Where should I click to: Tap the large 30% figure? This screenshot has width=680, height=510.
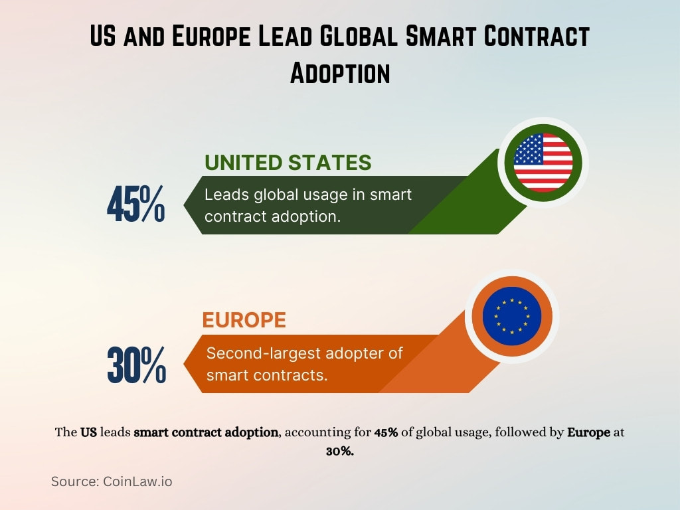click(x=136, y=365)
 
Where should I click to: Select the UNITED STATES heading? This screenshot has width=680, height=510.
click(x=288, y=163)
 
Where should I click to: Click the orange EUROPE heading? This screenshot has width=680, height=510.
click(x=244, y=320)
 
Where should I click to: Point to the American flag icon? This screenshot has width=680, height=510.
click(x=543, y=162)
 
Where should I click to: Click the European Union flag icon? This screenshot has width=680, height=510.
click(x=511, y=316)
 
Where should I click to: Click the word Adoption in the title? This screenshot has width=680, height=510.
click(x=339, y=72)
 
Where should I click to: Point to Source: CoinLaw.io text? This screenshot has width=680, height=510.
click(x=112, y=481)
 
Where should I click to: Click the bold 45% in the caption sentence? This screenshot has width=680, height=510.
click(x=386, y=432)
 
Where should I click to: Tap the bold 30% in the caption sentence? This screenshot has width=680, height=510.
click(x=339, y=450)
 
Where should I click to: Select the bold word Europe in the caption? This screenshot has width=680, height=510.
click(x=588, y=432)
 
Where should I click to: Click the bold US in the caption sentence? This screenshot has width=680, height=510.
click(x=88, y=432)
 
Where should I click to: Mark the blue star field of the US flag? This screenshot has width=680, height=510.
click(x=528, y=149)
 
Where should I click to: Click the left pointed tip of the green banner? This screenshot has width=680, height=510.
click(x=185, y=205)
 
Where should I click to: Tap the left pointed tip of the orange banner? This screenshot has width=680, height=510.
click(x=186, y=364)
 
